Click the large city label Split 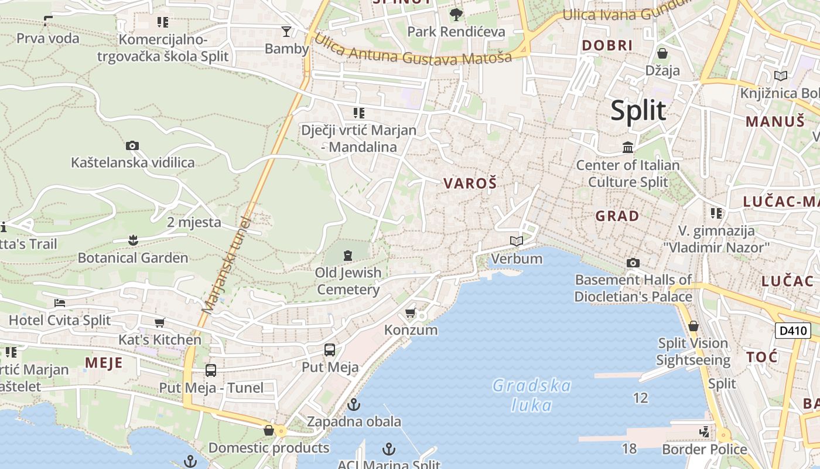[x=638, y=111]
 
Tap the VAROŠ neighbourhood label [x=470, y=183]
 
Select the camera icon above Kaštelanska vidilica [x=132, y=145]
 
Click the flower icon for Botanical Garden [x=133, y=240]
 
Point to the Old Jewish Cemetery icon [x=348, y=255]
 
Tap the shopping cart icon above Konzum [x=411, y=312]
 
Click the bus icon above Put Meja [x=330, y=350]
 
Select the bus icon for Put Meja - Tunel [x=211, y=371]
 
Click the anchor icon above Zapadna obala [x=354, y=404]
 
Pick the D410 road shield [x=793, y=331]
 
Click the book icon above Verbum [x=517, y=241]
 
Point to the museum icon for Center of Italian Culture [x=628, y=147]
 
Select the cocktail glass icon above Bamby [x=286, y=31]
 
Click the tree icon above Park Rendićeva [x=456, y=14]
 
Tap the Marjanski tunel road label [x=226, y=264]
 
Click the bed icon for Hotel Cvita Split [x=60, y=303]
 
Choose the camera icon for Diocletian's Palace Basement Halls [x=633, y=263]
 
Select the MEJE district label [x=104, y=362]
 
